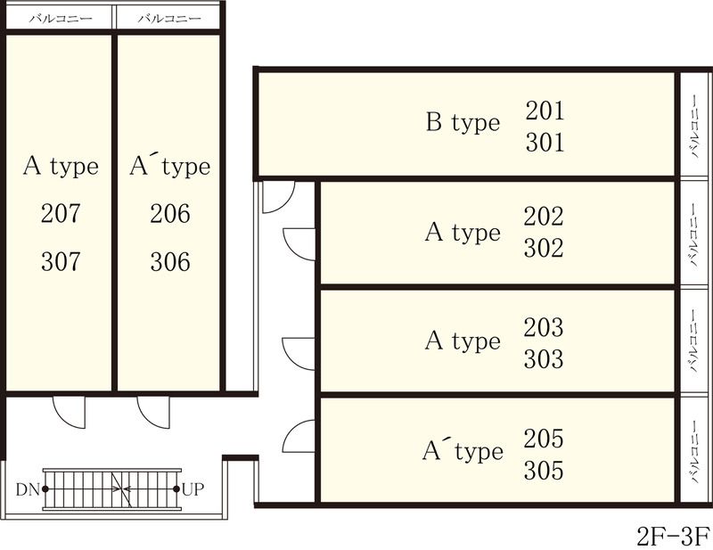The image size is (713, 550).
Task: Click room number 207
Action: tap(61, 214)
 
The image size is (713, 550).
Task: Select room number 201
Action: tap(545, 111)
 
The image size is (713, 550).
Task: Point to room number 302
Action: tap(545, 249)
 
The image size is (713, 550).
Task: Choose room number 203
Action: tap(545, 327)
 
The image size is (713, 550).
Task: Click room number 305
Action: tap(545, 470)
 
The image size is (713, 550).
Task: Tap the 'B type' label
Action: tap(463, 123)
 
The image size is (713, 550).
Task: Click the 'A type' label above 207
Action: tap(61, 166)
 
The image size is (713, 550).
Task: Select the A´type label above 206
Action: tap(169, 166)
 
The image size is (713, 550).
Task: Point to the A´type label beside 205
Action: tap(462, 451)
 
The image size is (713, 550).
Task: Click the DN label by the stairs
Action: tap(27, 489)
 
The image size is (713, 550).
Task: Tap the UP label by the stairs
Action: tap(193, 489)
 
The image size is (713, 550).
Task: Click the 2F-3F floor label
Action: tap(672, 536)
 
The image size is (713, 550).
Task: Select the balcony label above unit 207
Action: tap(59, 18)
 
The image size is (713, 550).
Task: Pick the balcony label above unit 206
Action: tap(170, 18)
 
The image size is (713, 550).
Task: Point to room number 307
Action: tap(61, 262)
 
